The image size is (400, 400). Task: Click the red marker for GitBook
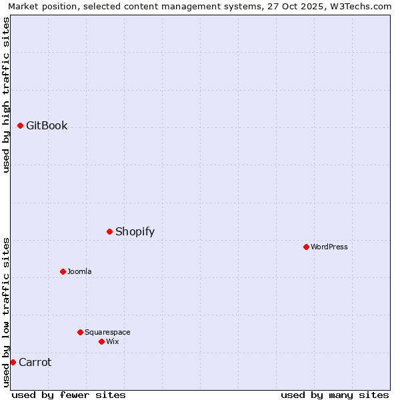pyautogui.click(x=21, y=125)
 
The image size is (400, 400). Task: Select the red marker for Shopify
pyautogui.click(x=110, y=231)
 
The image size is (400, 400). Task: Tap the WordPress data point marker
pyautogui.click(x=306, y=247)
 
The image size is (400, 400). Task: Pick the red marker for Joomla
pyautogui.click(x=63, y=271)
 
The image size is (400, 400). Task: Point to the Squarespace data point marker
pyautogui.click(x=80, y=332)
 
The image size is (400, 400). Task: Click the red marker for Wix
pyautogui.click(x=101, y=341)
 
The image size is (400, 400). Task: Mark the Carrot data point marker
pyautogui.click(x=13, y=362)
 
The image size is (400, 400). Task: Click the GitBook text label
pyautogui.click(x=47, y=125)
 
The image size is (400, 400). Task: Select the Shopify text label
pyautogui.click(x=135, y=231)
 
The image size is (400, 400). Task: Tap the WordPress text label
pyautogui.click(x=329, y=247)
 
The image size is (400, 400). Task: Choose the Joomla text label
pyautogui.click(x=79, y=271)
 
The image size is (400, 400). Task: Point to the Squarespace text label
pyautogui.click(x=107, y=332)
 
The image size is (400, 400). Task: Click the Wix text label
pyautogui.click(x=112, y=341)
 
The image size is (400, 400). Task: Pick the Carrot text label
pyautogui.click(x=35, y=362)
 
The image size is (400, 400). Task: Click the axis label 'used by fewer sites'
pyautogui.click(x=69, y=395)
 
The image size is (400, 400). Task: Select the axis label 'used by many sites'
pyautogui.click(x=335, y=395)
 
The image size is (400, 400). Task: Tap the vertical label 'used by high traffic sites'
pyautogui.click(x=7, y=95)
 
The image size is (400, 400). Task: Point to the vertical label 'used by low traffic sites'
pyautogui.click(x=7, y=312)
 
